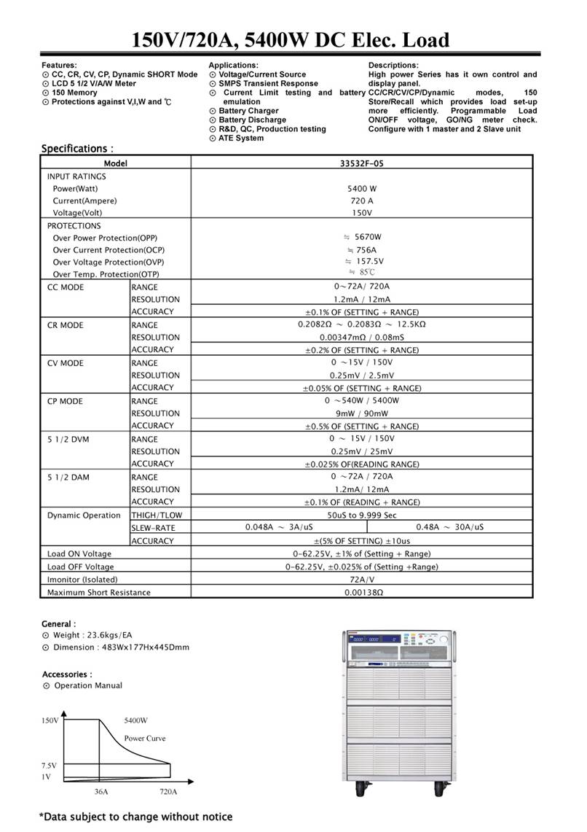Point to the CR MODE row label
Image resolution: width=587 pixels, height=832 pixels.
[x=66, y=325]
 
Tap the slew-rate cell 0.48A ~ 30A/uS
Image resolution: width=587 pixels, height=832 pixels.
[x=449, y=527]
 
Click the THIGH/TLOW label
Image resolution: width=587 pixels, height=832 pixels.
[x=157, y=515]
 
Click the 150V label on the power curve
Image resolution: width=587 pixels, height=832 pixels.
[x=50, y=720]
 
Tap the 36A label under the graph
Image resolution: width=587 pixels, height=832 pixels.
[x=101, y=791]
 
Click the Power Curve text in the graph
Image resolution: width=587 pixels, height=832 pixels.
[x=144, y=738]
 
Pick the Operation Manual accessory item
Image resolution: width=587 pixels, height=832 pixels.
[x=87, y=685]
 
